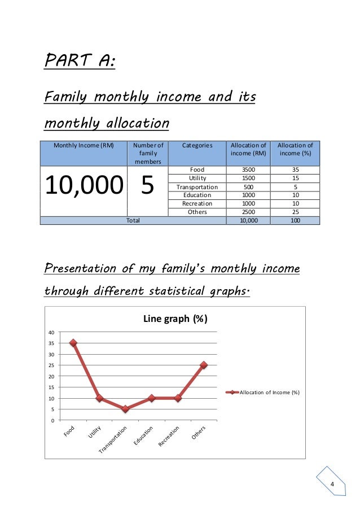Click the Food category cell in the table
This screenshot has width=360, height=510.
coord(197,169)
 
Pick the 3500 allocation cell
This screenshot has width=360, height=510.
coord(248,169)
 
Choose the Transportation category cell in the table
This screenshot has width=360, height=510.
coord(197,186)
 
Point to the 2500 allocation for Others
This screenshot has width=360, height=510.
coord(248,212)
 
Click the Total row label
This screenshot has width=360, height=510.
coord(133,221)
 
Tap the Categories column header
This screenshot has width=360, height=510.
coord(197,145)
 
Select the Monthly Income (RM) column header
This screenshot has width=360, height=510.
coord(84,145)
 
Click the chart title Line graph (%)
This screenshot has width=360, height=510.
coord(176,319)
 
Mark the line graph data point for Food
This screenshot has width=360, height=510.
coord(73,343)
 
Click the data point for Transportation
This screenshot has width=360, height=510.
coord(125,409)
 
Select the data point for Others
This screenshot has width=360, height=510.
coord(204,365)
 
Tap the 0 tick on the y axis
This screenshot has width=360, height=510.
coord(52,420)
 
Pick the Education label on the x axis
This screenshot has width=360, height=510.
coord(144,437)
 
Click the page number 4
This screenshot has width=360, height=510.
coord(332,486)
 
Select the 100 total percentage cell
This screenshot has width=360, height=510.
coord(295,221)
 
